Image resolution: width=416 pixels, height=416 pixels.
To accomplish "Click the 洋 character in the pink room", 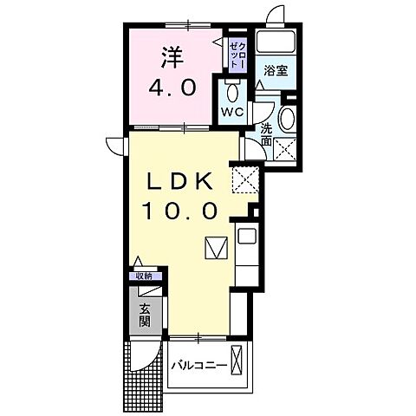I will point(172,57).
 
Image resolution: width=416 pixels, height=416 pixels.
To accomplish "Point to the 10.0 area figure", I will point(180,209).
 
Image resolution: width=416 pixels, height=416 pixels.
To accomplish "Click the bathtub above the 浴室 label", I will point(279,44).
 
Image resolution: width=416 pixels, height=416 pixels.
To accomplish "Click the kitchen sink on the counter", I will point(245,236).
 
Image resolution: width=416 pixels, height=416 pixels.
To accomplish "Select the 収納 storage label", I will point(143,276).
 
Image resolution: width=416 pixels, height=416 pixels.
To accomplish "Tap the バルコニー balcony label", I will point(199,363).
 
